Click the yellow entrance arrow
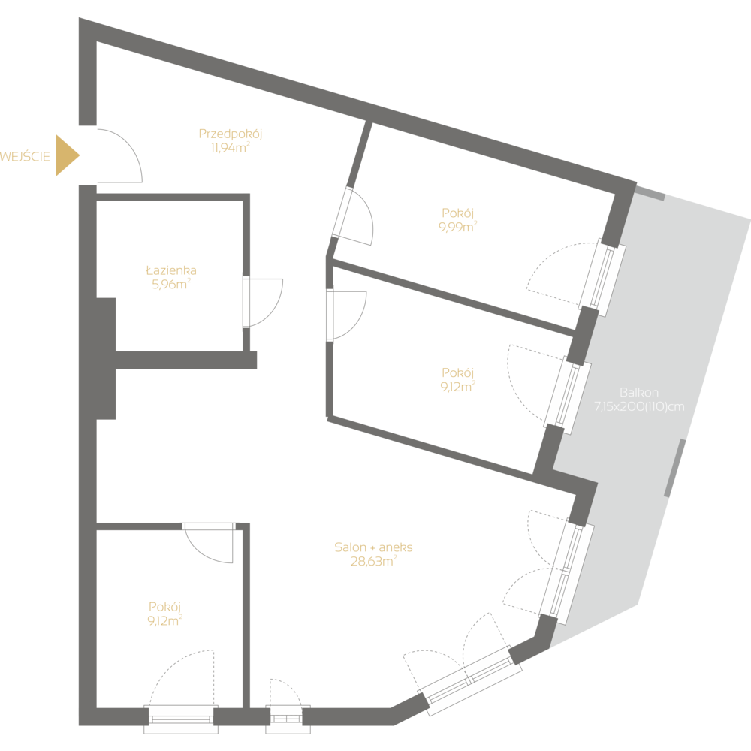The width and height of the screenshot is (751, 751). [x=66, y=155]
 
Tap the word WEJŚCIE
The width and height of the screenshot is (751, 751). [x=26, y=156]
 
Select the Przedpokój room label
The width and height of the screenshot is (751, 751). [x=230, y=134]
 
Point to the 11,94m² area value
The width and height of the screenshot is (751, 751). [x=230, y=148]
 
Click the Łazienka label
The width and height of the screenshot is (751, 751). [x=171, y=270]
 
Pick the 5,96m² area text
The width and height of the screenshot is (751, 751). [x=171, y=284]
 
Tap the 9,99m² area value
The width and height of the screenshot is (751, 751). [x=458, y=226]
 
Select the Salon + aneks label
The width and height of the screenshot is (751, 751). [x=373, y=547]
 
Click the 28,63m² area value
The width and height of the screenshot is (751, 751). [x=373, y=561]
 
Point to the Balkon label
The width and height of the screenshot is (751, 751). [x=639, y=393]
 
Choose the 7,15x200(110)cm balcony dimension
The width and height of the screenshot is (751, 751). [x=639, y=406]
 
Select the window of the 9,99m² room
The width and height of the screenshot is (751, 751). [x=602, y=277]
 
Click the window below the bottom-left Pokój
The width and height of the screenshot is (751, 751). [x=180, y=719]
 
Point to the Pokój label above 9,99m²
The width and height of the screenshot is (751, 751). [x=458, y=213]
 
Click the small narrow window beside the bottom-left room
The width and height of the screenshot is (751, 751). [x=285, y=719]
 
